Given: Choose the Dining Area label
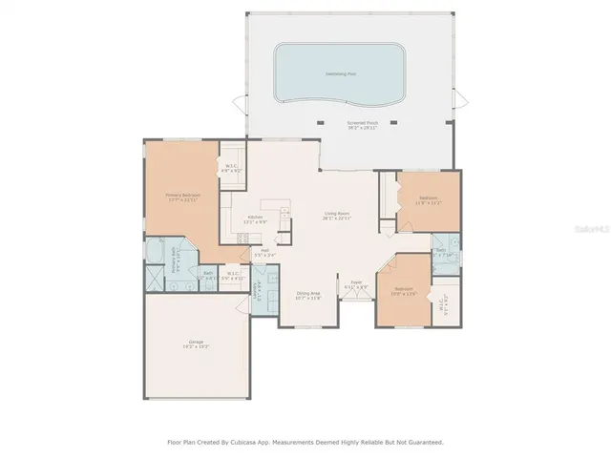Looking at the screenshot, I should (308, 295).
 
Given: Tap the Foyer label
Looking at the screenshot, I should (356, 284).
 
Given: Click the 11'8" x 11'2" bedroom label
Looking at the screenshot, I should (427, 200).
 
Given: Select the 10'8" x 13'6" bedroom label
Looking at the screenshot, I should (403, 290).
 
